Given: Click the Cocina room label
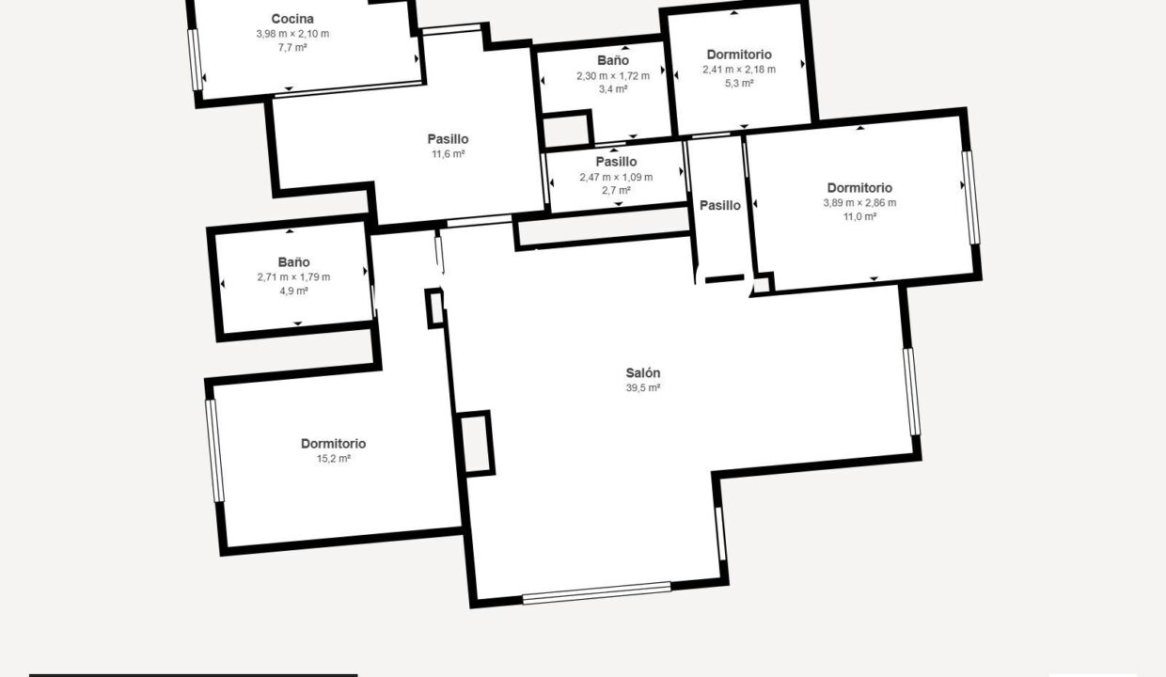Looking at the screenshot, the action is click(292, 19).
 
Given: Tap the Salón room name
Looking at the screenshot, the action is click(643, 372).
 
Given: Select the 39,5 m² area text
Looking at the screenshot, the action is click(643, 387).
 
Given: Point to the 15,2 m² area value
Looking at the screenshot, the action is click(334, 459).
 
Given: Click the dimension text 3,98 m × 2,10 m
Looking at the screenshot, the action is click(292, 34).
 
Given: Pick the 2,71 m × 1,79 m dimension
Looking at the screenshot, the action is click(293, 276).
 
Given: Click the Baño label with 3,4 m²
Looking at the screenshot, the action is click(613, 60).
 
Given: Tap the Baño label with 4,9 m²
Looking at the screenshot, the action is click(293, 261).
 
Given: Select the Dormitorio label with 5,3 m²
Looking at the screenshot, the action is click(739, 55).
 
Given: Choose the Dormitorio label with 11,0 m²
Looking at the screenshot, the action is click(859, 188).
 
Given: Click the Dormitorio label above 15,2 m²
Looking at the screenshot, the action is click(334, 444).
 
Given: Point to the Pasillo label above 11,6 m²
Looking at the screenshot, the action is click(449, 139).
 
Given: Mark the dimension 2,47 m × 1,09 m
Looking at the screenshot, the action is click(616, 177).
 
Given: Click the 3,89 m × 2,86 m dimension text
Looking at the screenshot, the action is click(859, 203).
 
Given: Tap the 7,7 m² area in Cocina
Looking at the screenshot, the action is click(292, 48).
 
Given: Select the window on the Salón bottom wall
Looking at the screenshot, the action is click(596, 593).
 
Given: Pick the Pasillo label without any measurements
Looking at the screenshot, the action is click(720, 206).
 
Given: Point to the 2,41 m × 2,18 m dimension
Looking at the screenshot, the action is click(739, 70).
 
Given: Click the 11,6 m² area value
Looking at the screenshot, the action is click(449, 154).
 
